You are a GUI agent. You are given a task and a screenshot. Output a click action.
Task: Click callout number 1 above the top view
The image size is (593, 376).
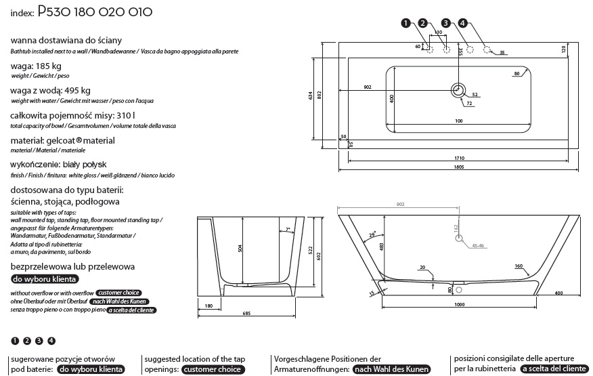click(405, 23)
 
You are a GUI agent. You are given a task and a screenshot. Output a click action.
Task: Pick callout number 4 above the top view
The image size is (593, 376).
click(462, 23)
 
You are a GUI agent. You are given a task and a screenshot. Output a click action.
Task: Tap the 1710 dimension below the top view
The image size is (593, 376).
click(459, 158)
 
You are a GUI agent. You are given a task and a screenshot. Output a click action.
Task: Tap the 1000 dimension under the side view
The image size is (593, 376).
click(459, 305)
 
